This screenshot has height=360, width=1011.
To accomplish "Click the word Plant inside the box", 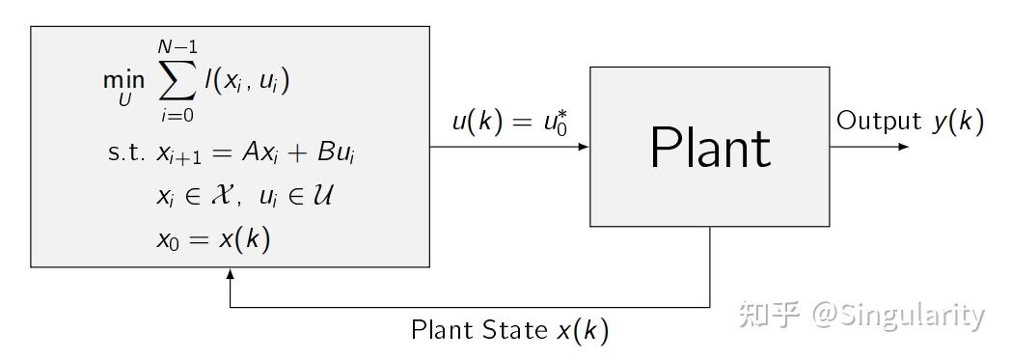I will pos(710,148).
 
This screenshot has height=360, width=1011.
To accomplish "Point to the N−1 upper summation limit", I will pos(176,46).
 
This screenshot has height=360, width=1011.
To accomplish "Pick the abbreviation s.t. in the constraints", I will pos(127,153).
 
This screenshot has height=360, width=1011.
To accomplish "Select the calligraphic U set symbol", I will pos(322,197).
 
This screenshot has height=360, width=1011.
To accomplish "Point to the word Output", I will pos(879,121).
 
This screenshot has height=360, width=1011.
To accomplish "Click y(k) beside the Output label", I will pos(958,122).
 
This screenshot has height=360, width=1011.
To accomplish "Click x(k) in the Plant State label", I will pos(584,331).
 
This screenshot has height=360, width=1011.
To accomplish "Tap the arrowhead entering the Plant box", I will pos(584,148).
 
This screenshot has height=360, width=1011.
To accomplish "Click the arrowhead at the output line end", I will pos(903,148).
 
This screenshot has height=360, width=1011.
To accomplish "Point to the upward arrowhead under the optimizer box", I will pos(230,274).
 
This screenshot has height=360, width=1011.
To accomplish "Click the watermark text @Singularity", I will pos(898,315).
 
